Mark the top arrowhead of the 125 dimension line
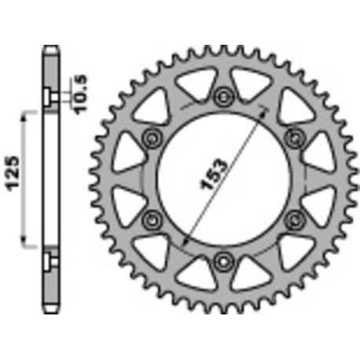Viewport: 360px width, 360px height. (26, 113)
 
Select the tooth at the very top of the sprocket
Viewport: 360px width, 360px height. (224, 50)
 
